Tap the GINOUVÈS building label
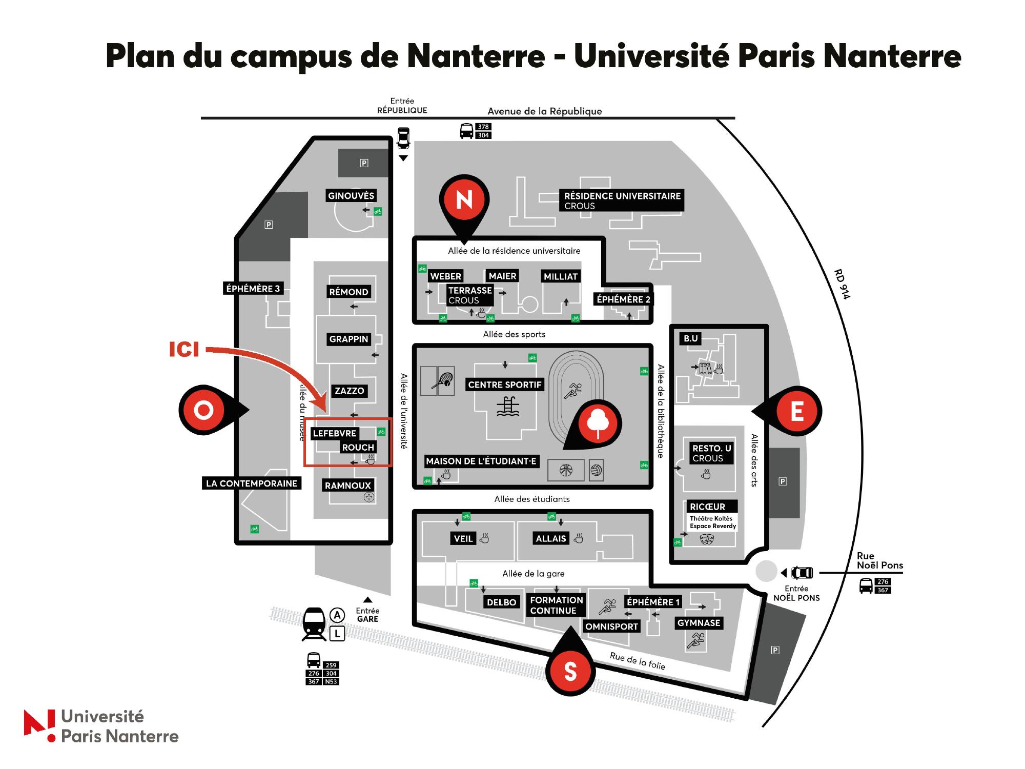pyautogui.click(x=351, y=195)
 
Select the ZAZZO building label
pyautogui.click(x=350, y=391)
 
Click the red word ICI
pyautogui.click(x=184, y=350)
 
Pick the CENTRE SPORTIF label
pyautogui.click(x=505, y=385)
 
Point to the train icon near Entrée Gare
pyautogui.click(x=314, y=623)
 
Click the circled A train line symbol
pyautogui.click(x=337, y=615)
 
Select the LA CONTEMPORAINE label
pyautogui.click(x=252, y=483)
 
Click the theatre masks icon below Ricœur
pyautogui.click(x=707, y=539)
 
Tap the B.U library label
pyautogui.click(x=691, y=338)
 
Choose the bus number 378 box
pyautogui.click(x=483, y=127)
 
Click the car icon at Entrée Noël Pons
pyautogui.click(x=802, y=573)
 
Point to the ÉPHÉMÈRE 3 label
pyautogui.click(x=253, y=289)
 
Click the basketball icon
pyautogui.click(x=566, y=470)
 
